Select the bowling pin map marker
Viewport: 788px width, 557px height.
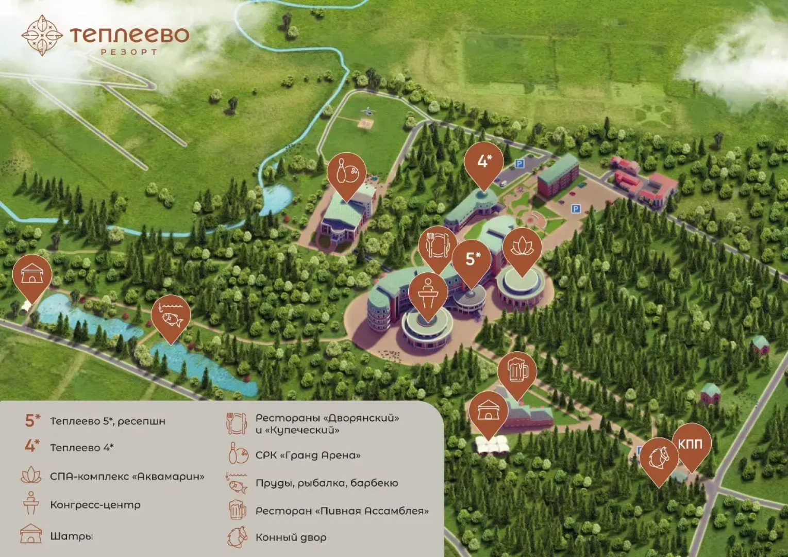click(x=347, y=173)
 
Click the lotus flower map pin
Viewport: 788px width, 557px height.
click(x=522, y=248)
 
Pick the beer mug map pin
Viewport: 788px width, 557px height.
click(x=517, y=371)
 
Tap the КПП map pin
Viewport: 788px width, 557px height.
click(x=691, y=444)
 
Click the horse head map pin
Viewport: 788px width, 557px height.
click(x=659, y=457)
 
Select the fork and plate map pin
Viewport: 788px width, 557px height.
click(x=438, y=245)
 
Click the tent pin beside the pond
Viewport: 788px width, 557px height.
click(x=32, y=274)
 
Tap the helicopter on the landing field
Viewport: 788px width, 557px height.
click(x=367, y=110)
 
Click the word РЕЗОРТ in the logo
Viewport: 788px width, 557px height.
click(x=129, y=52)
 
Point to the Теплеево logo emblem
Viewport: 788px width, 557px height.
click(x=42, y=35)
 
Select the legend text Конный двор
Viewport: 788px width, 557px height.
click(x=291, y=537)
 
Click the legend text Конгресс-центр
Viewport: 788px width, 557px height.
click(x=95, y=505)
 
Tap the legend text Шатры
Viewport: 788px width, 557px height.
click(x=71, y=536)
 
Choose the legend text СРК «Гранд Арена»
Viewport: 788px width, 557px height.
click(x=308, y=455)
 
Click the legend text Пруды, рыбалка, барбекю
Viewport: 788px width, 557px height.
click(x=327, y=483)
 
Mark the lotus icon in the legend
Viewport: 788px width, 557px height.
click(x=31, y=476)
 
